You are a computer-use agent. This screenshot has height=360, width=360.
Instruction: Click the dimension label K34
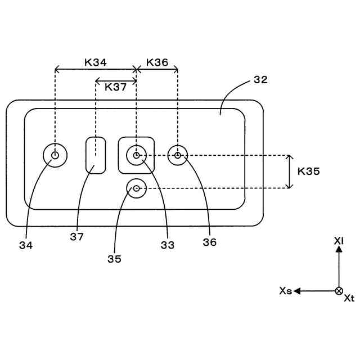pyautogui.click(x=96, y=62)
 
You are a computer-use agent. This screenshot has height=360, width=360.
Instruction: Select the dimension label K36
pyautogui.click(x=157, y=62)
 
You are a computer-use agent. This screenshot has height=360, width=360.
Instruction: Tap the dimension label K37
pyautogui.click(x=115, y=88)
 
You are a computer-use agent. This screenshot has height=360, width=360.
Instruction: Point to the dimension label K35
pyautogui.click(x=309, y=171)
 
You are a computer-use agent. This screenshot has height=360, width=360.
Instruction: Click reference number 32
pyautogui.click(x=260, y=79)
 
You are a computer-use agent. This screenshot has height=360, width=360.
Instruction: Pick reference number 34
pyautogui.click(x=26, y=245)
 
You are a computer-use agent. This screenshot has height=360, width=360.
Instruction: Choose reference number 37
pyautogui.click(x=77, y=237)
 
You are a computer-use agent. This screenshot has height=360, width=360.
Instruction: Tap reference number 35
pyautogui.click(x=115, y=259)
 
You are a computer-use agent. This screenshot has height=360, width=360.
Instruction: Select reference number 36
pyautogui.click(x=210, y=242)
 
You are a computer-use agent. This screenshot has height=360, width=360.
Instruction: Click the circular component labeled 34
pyautogui.click(x=55, y=155)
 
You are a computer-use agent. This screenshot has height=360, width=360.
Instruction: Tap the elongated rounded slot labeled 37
pyautogui.click(x=96, y=155)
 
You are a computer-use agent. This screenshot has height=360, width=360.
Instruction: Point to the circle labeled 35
pyautogui.click(x=137, y=188)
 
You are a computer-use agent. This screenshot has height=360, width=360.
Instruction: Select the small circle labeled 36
pyautogui.click(x=178, y=155)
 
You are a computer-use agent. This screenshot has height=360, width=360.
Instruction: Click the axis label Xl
pyautogui.click(x=339, y=241)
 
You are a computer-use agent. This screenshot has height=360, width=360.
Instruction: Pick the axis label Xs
pyautogui.click(x=285, y=291)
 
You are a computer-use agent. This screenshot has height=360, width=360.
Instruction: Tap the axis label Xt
pyautogui.click(x=349, y=298)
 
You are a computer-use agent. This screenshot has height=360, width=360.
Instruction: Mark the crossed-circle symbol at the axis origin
pyautogui.click(x=339, y=291)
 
